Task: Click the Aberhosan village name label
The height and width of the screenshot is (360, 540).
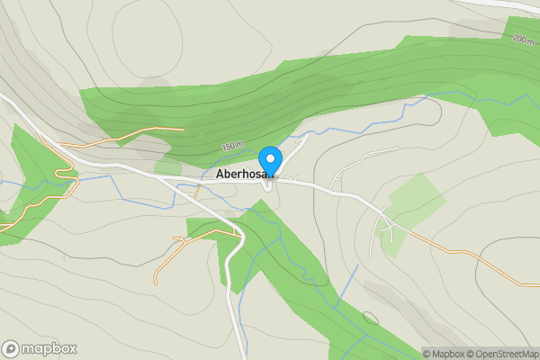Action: [x=239, y=174]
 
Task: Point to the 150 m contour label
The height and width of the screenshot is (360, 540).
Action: [x=232, y=147]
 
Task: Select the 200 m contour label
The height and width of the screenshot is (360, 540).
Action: [x=523, y=40]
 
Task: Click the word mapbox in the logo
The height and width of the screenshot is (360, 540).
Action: [x=49, y=349]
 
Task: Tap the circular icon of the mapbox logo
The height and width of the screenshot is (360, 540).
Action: [x=11, y=349]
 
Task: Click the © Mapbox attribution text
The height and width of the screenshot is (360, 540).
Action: [x=447, y=354]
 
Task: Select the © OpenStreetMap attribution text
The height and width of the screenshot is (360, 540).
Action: [x=506, y=354]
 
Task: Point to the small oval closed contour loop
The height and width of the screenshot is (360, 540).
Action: [x=370, y=317]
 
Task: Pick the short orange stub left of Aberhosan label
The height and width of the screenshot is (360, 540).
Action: [x=197, y=190]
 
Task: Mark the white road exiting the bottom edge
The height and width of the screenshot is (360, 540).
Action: [x=238, y=342]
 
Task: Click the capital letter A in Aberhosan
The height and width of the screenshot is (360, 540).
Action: [x=220, y=174]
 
